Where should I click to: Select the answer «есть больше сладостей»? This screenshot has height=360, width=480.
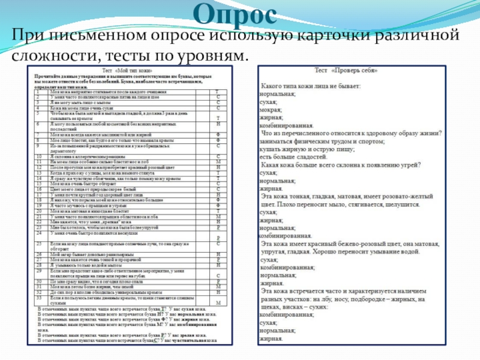pyautogui.click(x=295, y=157)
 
